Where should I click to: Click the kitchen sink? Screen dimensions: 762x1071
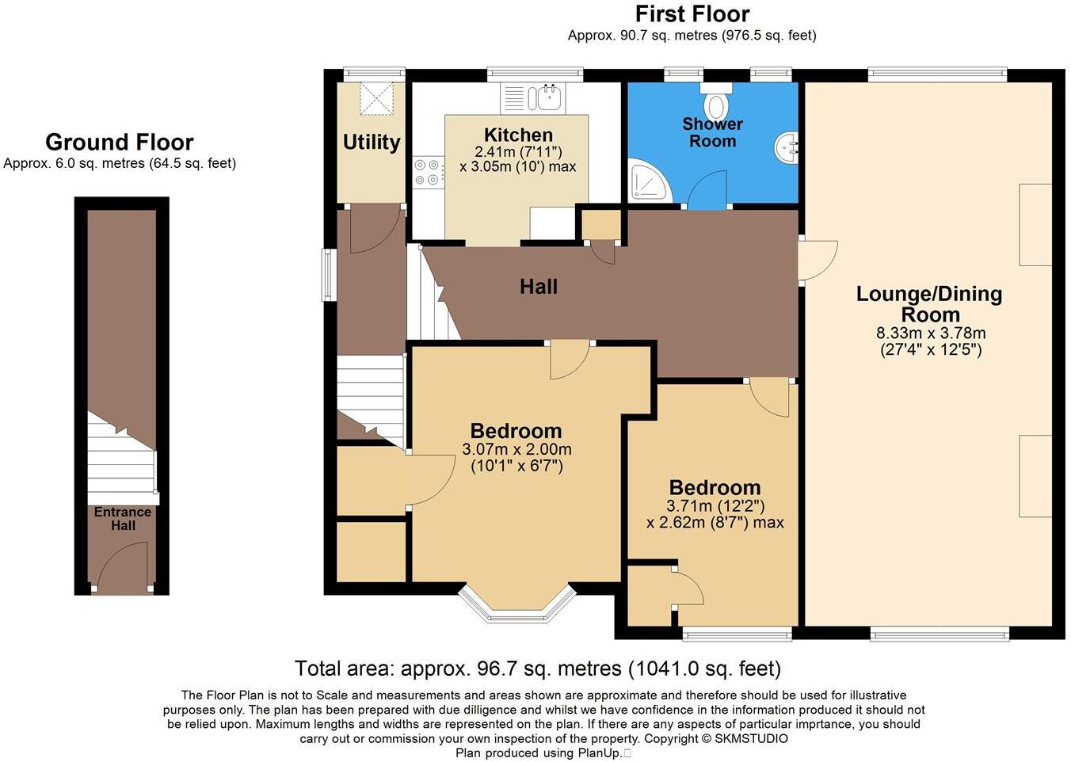point(547,99)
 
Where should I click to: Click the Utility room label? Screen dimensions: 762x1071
point(371,143)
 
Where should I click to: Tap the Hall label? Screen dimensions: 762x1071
point(539,287)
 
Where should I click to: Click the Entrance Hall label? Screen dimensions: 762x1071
point(123,519)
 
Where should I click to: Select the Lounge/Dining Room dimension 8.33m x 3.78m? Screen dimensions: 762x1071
point(931,333)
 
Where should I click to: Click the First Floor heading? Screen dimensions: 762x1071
point(692,14)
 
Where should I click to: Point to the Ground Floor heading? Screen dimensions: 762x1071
point(119,143)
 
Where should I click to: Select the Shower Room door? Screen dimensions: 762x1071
point(707,191)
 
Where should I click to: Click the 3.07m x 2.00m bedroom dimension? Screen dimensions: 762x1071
point(516,449)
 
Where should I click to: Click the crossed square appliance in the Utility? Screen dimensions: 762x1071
point(376,98)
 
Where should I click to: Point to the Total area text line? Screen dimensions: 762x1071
point(537,669)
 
